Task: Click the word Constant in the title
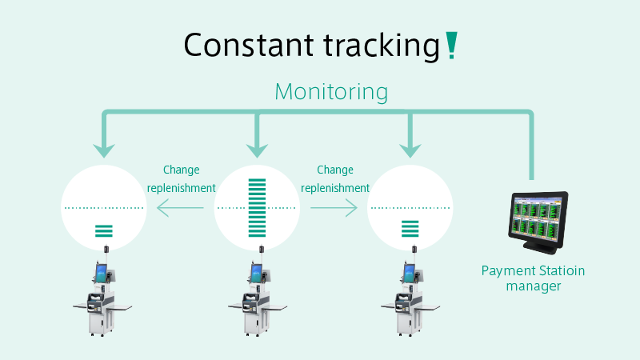[x=249, y=45]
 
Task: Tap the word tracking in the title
[x=382, y=46]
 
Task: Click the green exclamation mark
[x=451, y=46]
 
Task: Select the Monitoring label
[x=331, y=91]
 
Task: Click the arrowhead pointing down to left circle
[x=104, y=150]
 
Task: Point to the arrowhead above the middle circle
[x=257, y=150]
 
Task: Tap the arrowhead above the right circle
[x=410, y=150]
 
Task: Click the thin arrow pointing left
[x=180, y=208]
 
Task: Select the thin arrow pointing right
[x=334, y=208]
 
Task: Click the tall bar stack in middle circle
[x=257, y=208]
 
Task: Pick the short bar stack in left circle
[x=104, y=231]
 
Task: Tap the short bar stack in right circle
[x=410, y=229]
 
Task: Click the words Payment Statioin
[x=533, y=271]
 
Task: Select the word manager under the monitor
[x=534, y=286]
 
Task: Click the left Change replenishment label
[x=182, y=178]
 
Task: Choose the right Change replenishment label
[x=335, y=178]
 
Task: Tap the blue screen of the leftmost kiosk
[x=102, y=272]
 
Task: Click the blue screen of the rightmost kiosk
[x=409, y=272]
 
